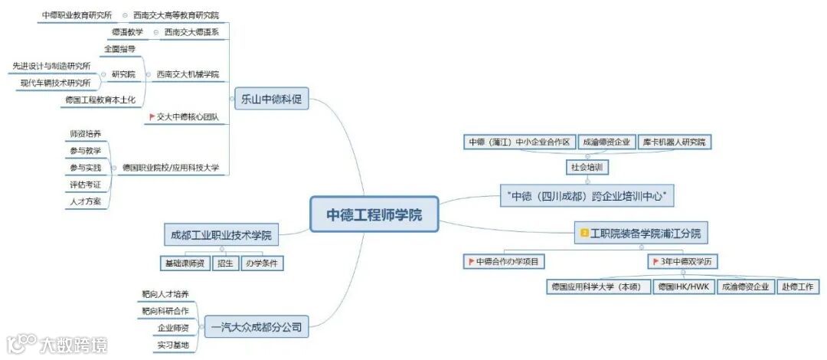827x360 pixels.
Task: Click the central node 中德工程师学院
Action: [374, 214]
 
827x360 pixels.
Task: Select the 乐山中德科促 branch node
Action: [270, 98]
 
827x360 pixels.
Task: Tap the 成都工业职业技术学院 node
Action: [221, 234]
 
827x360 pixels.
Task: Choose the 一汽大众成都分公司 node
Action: [256, 328]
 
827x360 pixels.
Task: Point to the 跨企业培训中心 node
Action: [587, 196]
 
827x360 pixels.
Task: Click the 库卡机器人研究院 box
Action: [674, 142]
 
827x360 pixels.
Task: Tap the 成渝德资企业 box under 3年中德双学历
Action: [745, 286]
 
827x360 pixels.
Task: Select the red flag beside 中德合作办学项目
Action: [471, 262]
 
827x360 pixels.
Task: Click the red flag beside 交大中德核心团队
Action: [152, 117]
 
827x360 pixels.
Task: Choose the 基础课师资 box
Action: [185, 263]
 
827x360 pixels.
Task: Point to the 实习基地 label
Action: [172, 345]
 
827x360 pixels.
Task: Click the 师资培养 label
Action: [85, 134]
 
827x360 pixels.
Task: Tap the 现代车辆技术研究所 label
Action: [55, 83]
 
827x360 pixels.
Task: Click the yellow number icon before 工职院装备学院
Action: [584, 232]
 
